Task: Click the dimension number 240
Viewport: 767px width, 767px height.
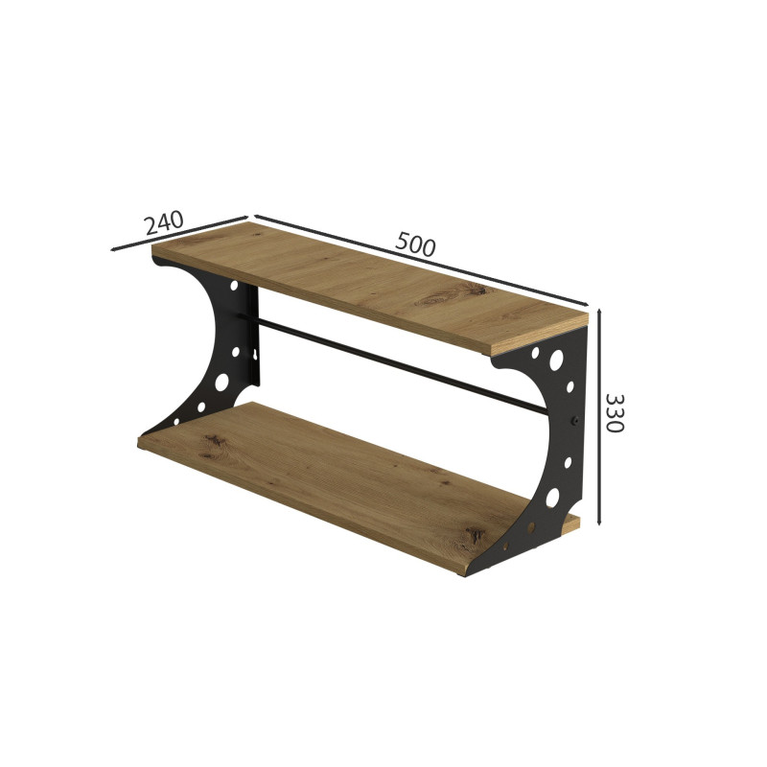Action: click(x=164, y=222)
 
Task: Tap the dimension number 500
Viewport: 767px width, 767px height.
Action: click(x=415, y=244)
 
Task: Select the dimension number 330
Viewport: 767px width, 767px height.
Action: click(x=615, y=413)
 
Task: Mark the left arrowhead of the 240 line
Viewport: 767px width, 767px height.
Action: click(x=114, y=249)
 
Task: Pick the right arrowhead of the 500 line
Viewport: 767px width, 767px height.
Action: click(x=584, y=303)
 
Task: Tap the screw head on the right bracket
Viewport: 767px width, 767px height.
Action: click(x=576, y=420)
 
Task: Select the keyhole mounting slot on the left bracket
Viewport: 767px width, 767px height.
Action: click(x=255, y=353)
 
